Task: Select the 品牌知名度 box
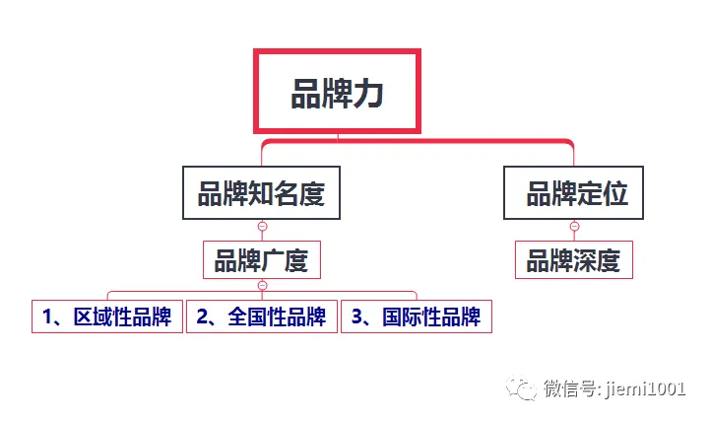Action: [261, 192]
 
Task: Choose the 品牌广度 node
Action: [261, 261]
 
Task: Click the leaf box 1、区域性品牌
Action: [106, 316]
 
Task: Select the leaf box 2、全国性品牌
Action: [261, 316]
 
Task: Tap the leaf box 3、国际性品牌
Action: [416, 316]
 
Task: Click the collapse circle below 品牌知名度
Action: [262, 227]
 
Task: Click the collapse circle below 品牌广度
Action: [262, 286]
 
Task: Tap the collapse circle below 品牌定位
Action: [574, 227]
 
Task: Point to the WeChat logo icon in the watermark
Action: [523, 387]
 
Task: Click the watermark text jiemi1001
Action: [647, 388]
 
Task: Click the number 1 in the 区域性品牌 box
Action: [47, 317]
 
